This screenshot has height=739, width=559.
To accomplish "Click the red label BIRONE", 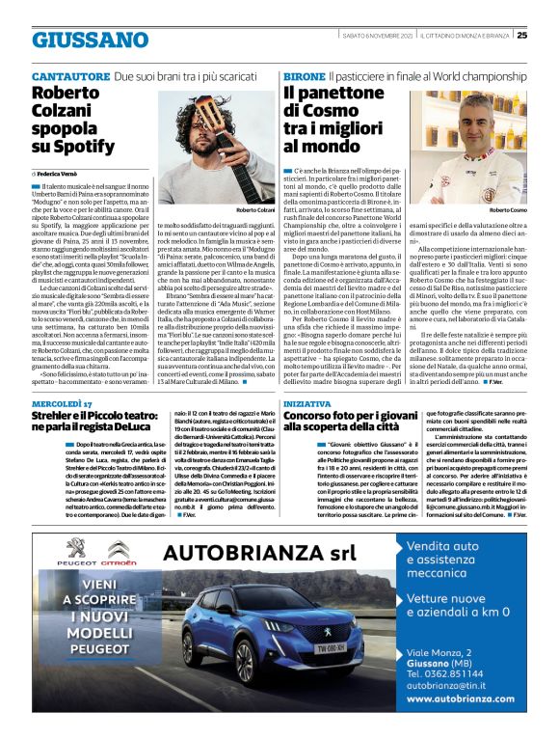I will click(x=303, y=75).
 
